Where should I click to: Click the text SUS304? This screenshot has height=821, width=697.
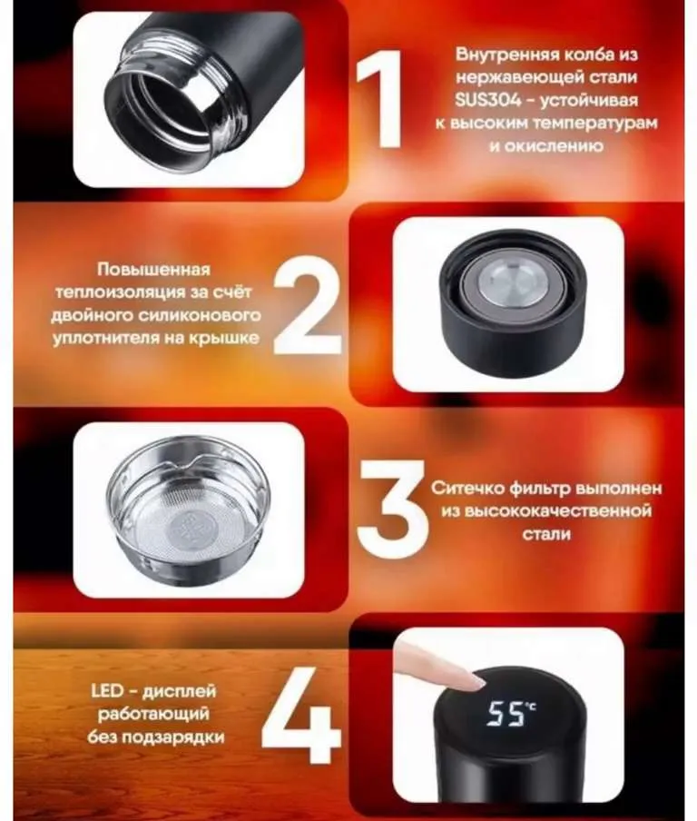487,100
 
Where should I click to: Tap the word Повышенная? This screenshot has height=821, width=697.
154,269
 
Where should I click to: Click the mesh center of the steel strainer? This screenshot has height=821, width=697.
190,528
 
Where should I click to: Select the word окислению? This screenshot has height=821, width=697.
546,146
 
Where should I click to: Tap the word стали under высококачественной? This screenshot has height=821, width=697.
546,534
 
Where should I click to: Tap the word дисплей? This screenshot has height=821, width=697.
179,692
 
